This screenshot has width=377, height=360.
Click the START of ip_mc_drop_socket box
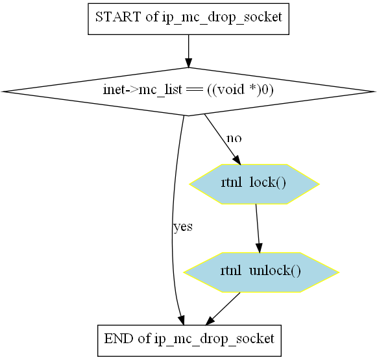(x=188, y=19)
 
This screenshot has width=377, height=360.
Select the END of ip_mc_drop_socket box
(x=189, y=341)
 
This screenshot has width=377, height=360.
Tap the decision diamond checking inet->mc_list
(x=188, y=91)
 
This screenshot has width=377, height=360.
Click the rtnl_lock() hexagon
(x=254, y=184)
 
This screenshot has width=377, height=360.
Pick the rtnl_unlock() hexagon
(x=261, y=272)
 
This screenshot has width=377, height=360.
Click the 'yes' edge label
(x=183, y=227)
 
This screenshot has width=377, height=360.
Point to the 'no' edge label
(x=234, y=138)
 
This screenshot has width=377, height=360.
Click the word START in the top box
(x=118, y=17)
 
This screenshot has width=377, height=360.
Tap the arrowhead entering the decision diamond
(x=188, y=63)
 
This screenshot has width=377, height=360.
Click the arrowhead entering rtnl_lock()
(x=237, y=160)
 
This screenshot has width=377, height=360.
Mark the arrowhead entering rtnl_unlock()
(x=259, y=248)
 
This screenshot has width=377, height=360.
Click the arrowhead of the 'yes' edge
(x=182, y=320)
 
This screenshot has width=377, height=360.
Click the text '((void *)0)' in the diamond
(x=240, y=90)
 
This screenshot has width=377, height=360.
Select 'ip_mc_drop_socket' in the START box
(x=222, y=18)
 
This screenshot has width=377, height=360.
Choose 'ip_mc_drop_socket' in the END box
(x=214, y=339)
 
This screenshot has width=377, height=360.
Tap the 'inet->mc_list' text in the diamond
(x=143, y=90)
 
